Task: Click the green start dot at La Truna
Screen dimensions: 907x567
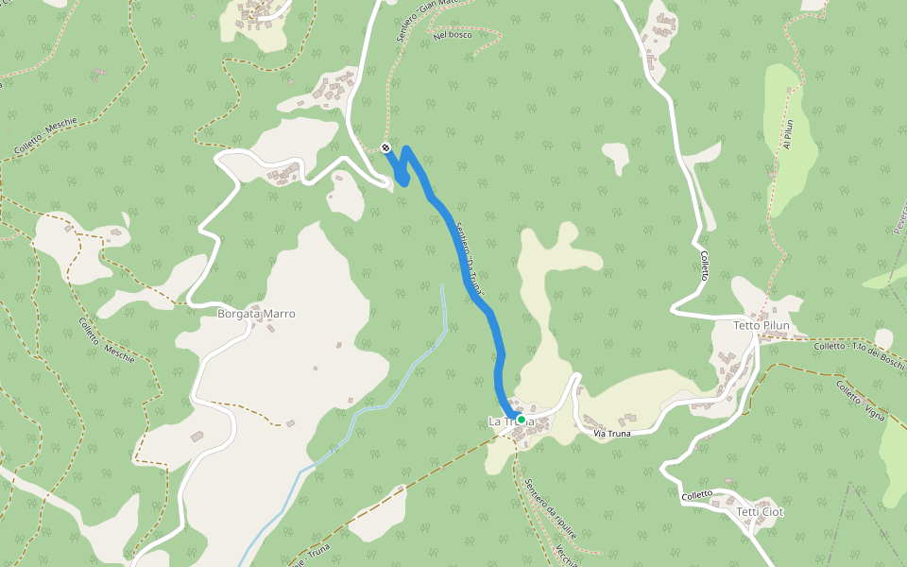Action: click(x=521, y=420)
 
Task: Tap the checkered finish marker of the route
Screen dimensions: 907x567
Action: click(x=385, y=147)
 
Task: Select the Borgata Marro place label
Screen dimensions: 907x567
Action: click(x=256, y=314)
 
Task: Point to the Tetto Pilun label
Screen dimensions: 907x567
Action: click(x=762, y=326)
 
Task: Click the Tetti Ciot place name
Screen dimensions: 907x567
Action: click(x=761, y=512)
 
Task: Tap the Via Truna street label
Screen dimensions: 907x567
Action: click(x=611, y=433)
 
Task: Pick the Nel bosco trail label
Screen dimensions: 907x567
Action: click(x=453, y=35)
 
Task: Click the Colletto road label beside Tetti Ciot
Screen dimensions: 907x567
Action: click(x=697, y=495)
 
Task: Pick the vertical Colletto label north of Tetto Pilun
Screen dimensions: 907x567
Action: click(x=704, y=264)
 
